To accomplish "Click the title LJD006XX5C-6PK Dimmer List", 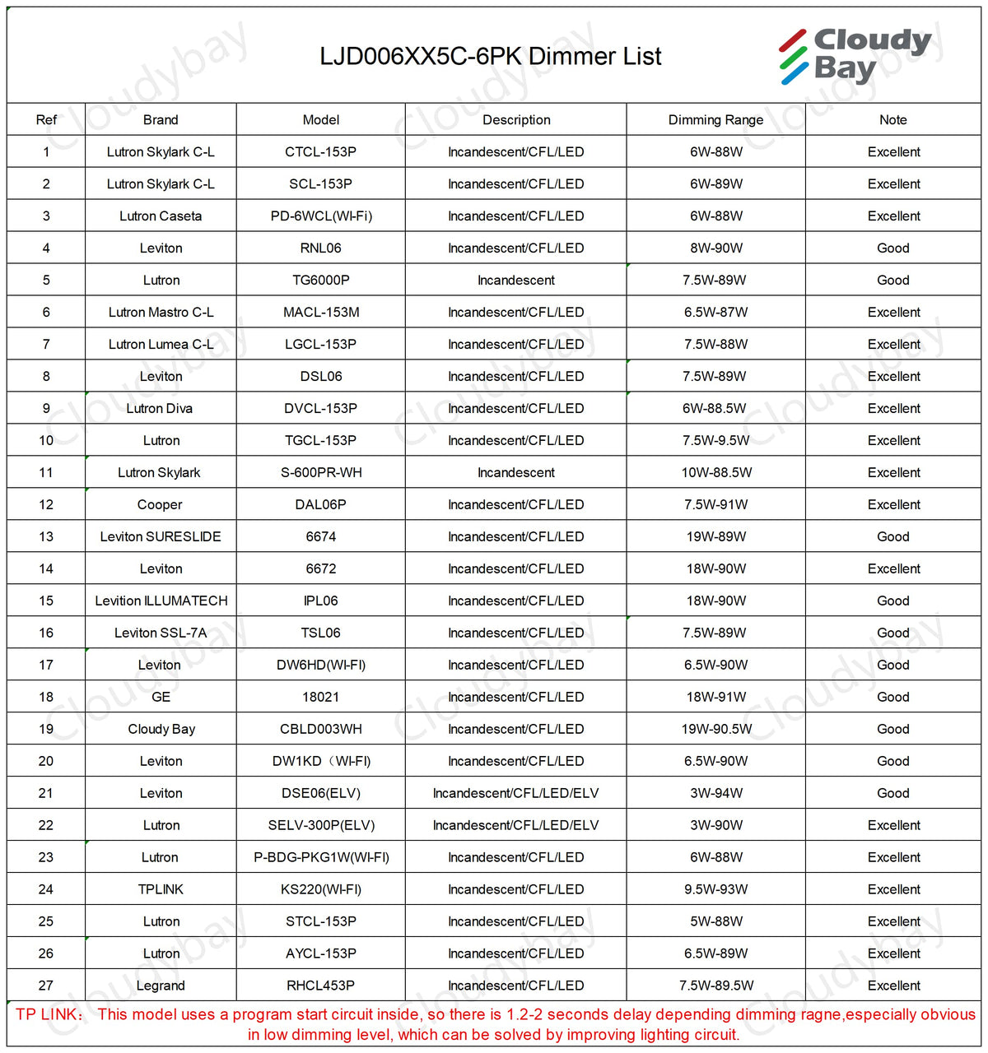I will (490, 57).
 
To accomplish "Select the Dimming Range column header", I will (715, 120).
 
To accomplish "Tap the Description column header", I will (516, 120).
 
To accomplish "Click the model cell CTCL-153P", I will (320, 152).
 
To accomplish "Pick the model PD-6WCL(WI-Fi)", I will (321, 216).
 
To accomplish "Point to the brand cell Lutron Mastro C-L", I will (161, 313).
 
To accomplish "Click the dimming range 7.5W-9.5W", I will (715, 441).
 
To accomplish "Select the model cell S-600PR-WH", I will (321, 473).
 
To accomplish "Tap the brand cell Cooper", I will (160, 505).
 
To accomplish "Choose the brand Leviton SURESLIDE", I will (161, 537).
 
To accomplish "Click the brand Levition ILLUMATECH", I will (161, 601).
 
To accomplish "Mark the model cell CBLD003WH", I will (321, 730).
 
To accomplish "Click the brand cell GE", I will (161, 698).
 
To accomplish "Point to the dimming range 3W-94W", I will (715, 794).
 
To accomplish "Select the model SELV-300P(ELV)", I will (321, 826).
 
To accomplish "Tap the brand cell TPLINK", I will (161, 890).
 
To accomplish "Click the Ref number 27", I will (46, 986).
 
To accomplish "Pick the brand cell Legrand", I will (161, 986).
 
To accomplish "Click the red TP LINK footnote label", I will (49, 1014).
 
